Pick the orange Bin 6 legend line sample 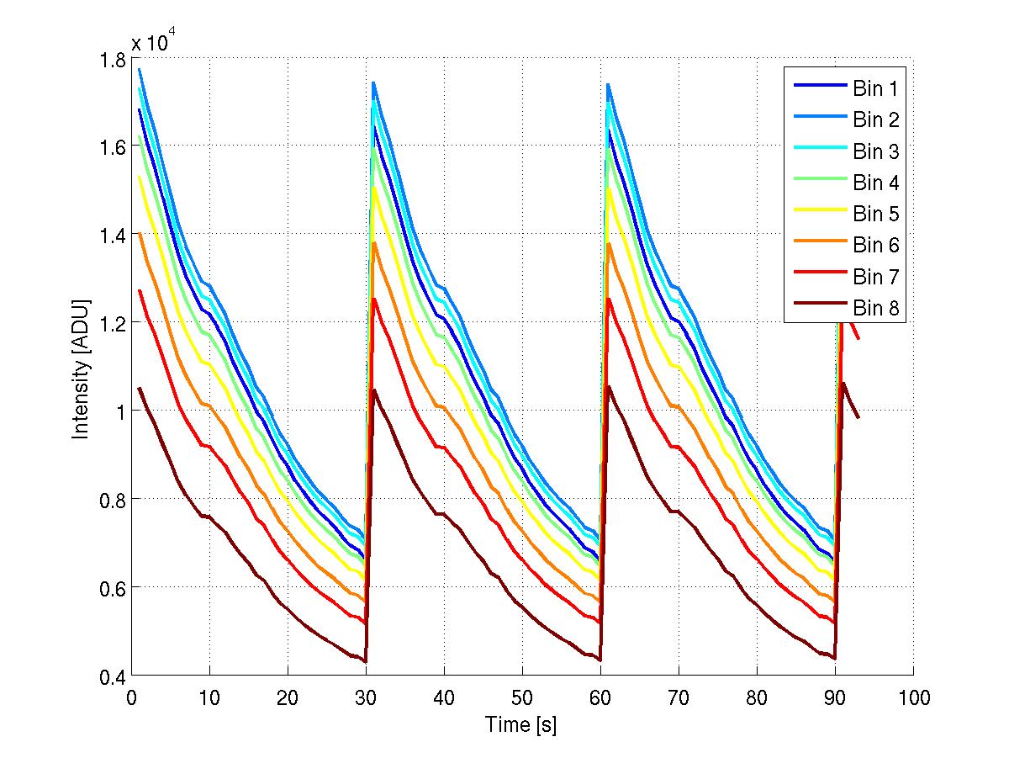pos(818,246)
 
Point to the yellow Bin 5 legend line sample pos(818,215)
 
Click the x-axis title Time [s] pos(521,724)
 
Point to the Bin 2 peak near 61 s pos(608,84)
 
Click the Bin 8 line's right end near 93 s pos(858,416)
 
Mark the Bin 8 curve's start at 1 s pos(140,388)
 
